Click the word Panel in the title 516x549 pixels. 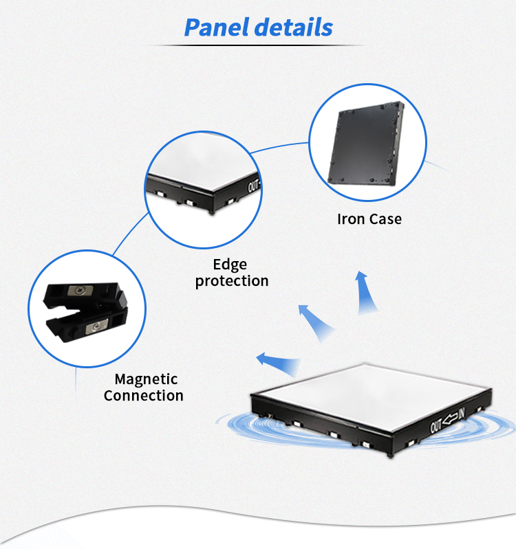217,27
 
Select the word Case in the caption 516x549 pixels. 385,219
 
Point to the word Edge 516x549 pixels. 230,265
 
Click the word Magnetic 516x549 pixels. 146,379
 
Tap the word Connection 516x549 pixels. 144,396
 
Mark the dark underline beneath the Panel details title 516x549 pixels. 258,45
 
